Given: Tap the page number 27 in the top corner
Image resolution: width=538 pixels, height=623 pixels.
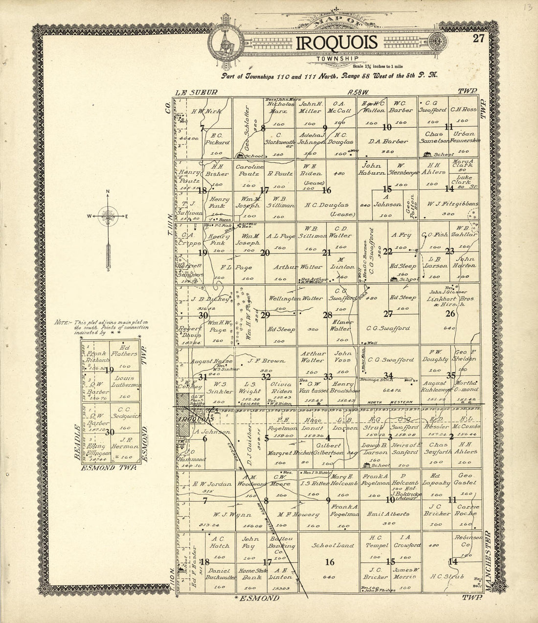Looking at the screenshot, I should pos(479,39).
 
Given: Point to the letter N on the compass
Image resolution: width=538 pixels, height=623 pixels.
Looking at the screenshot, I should pos(108,192).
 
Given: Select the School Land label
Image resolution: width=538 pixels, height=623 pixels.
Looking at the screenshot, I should pos(330,545).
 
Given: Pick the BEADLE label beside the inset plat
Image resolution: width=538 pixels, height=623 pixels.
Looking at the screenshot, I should pos(77,441).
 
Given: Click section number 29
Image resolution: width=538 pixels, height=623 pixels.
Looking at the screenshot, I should pos(265,315).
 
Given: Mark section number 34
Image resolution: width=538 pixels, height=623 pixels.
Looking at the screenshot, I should pos(388,375).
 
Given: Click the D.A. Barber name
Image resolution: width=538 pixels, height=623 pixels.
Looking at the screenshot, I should pos(388,141).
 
